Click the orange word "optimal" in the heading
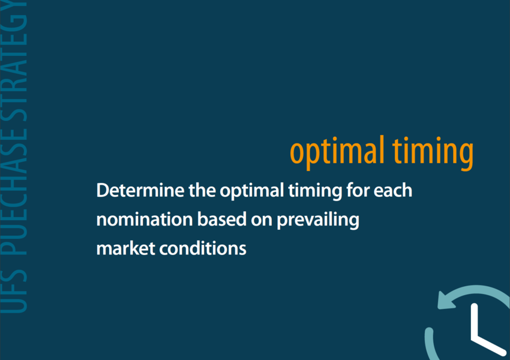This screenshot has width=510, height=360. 337,152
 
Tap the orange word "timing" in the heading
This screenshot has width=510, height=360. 433,153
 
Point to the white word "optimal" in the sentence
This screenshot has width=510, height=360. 252,191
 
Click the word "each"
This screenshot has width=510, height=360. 393,190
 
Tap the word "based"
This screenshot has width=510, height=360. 222,220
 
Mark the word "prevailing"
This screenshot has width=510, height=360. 318,220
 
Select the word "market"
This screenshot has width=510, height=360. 125,249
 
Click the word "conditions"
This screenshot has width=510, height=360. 203,249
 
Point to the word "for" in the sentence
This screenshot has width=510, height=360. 358,190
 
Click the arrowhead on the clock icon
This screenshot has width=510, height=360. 445,300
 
